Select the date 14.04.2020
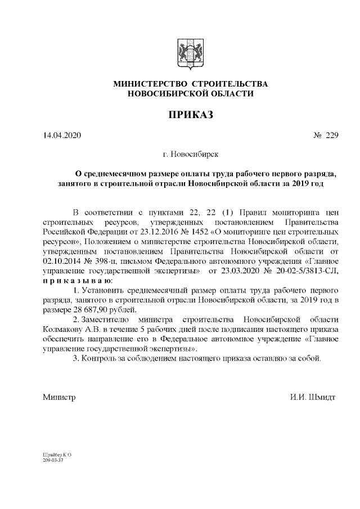62,136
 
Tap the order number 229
331,136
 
